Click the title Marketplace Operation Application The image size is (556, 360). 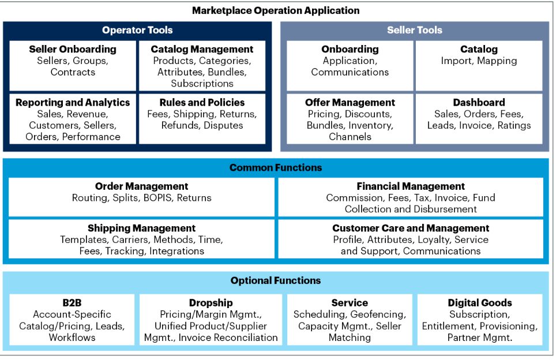[x=276, y=10]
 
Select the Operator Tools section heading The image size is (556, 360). [x=137, y=30]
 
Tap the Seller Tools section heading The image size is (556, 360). [x=415, y=30]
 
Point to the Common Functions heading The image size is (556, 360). [x=276, y=167]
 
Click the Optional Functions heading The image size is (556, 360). [x=276, y=280]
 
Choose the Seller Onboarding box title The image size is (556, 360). [x=73, y=49]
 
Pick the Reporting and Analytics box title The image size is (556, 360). [x=73, y=103]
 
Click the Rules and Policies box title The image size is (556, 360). [x=202, y=103]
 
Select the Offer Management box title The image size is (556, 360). [x=350, y=103]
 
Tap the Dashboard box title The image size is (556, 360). [x=479, y=103]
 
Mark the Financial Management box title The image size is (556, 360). [x=411, y=186]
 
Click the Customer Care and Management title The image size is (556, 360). [x=411, y=228]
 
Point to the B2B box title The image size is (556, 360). [x=72, y=303]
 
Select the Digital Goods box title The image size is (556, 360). [x=480, y=303]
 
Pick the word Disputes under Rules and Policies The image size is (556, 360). [x=223, y=126]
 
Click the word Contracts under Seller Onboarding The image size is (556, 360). [x=73, y=72]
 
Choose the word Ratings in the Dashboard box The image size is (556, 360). [x=514, y=126]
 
